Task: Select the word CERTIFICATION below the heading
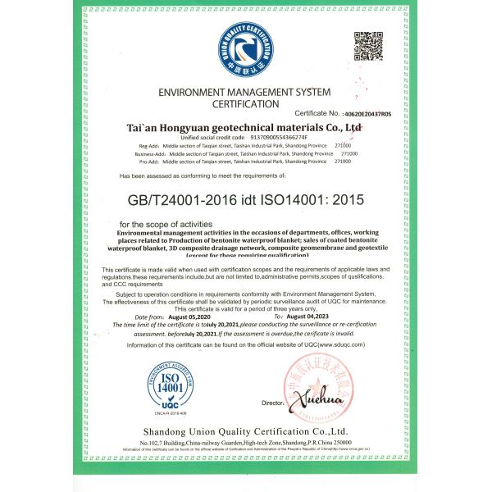(246, 107)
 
